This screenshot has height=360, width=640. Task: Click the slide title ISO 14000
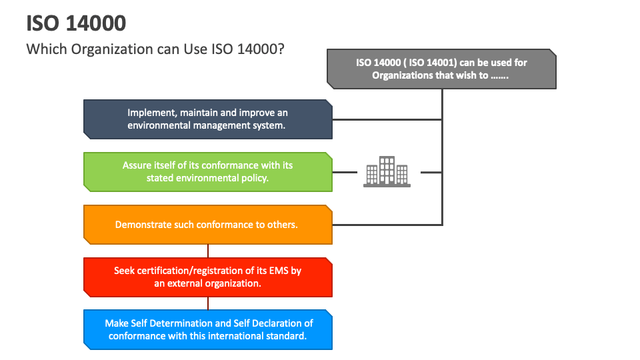coord(76,23)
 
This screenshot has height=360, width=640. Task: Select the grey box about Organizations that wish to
coord(441,69)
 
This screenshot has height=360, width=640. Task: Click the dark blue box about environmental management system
coord(207,119)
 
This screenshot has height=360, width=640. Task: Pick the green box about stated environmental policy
coord(207,171)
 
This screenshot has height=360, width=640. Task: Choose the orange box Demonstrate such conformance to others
coord(207,225)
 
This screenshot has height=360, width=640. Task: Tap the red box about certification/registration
coord(207,277)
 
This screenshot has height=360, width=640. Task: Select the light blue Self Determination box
coord(207,329)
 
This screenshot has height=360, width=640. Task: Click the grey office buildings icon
coord(387,171)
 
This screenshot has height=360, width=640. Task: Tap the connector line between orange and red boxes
coord(208,251)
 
